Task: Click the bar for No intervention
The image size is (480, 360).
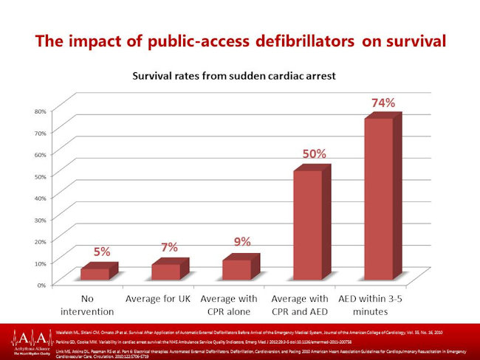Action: pos(95,274)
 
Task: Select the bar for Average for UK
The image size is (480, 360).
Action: pos(166,271)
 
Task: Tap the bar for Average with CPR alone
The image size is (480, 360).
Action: pos(237,269)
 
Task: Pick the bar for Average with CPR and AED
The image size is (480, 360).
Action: pos(308,225)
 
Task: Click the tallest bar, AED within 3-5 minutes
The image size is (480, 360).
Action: pos(379,199)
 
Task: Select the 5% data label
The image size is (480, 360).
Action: pos(102,252)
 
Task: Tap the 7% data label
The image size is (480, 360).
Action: pos(170,246)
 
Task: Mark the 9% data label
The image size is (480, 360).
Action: pos(241,241)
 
